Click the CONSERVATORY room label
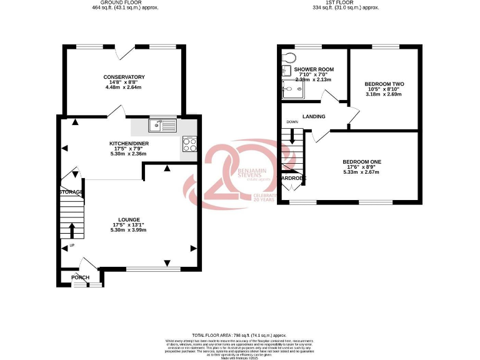[x=124, y=77]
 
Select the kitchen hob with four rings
[x=190, y=144]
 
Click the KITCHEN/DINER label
[x=128, y=143]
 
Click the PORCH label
[x=80, y=277]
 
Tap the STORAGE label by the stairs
[x=71, y=191]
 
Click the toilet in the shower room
[x=288, y=57]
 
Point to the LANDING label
[x=313, y=116]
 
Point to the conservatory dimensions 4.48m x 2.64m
[x=124, y=87]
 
